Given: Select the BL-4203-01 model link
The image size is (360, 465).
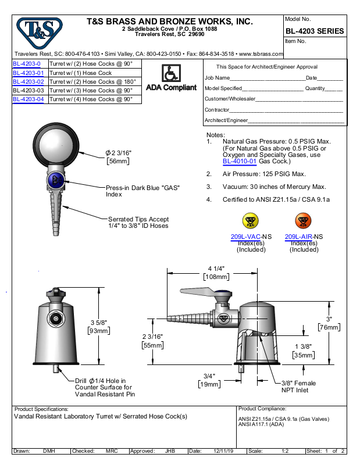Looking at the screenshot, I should point(28,73).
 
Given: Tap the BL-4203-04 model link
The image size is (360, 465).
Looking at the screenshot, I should point(28,99).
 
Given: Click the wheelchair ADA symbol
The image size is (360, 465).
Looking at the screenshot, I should point(170,73).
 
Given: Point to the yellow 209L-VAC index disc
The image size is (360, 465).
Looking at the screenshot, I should point(251,221).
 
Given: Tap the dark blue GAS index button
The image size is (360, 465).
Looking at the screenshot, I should point(56,180).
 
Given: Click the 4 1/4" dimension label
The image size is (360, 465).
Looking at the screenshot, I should point(216,269).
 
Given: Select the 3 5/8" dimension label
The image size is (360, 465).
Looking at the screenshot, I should point(99,323).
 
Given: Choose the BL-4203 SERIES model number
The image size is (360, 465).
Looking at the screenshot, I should point(314,31).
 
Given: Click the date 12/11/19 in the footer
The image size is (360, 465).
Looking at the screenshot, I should point(224,451).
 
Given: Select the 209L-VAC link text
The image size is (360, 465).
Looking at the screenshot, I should point(244,237).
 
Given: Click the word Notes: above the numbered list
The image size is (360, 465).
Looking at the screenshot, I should point(216,135).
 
